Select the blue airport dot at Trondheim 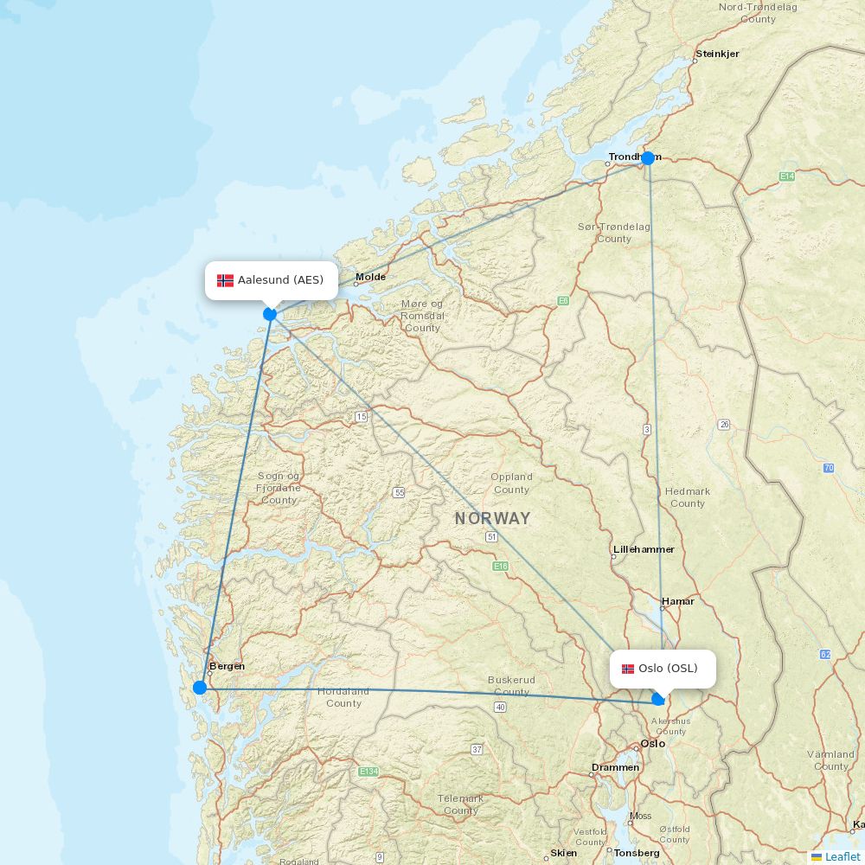click(648, 158)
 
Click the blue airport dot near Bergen click(200, 688)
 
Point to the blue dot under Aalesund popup click(270, 314)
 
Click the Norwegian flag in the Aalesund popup click(225, 280)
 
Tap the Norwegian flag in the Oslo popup click(628, 669)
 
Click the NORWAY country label click(492, 519)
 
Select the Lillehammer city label click(644, 549)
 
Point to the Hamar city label click(677, 601)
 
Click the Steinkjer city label click(717, 54)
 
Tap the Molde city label click(370, 277)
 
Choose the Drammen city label click(615, 767)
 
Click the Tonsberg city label click(637, 853)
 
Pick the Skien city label click(564, 854)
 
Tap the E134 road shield click(368, 771)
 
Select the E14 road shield click(786, 176)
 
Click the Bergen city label click(227, 666)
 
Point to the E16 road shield click(500, 566)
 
